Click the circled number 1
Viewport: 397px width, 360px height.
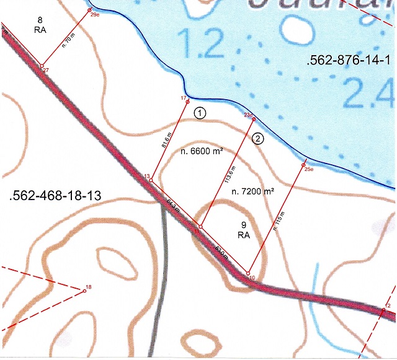coord(200,113)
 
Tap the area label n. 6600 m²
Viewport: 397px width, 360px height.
coord(202,151)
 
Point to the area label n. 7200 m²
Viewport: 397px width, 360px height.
coord(252,192)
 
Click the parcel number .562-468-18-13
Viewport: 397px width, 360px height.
coord(56,196)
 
